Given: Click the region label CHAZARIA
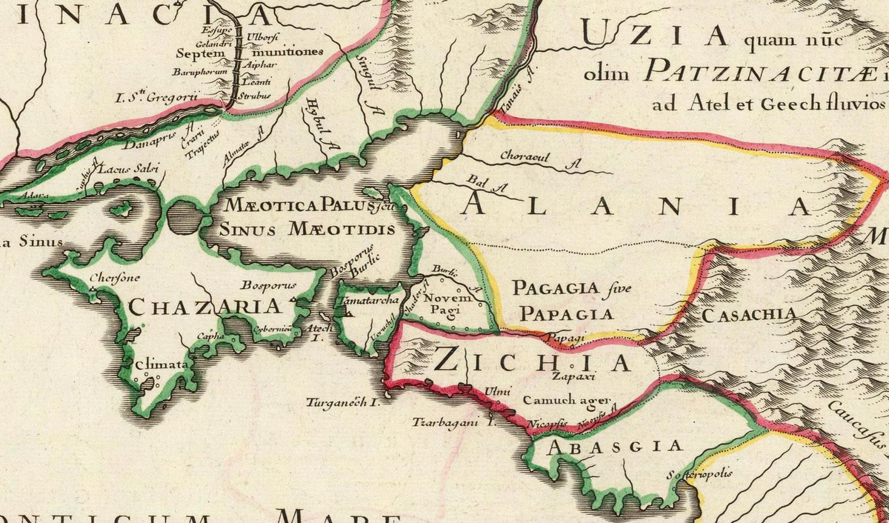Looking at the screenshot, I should (x=205, y=306).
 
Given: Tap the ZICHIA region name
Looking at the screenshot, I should (x=532, y=361).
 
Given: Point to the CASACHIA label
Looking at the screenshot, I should (x=749, y=315).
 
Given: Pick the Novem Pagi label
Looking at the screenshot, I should (x=442, y=303).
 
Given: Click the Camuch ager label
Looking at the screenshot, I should (x=565, y=401).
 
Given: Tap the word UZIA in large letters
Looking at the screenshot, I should (x=652, y=33).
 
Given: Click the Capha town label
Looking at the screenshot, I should (x=205, y=336).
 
